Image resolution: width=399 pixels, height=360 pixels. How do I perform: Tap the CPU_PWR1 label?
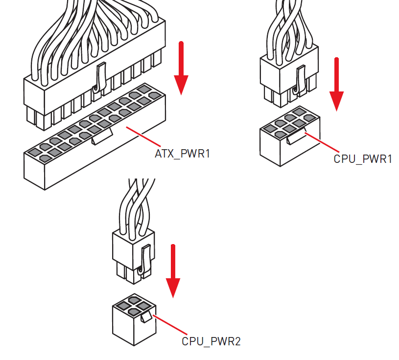point(363,159)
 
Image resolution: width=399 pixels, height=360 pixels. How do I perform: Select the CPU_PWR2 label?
point(211,341)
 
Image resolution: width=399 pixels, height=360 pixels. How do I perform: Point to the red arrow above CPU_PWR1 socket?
point(336,84)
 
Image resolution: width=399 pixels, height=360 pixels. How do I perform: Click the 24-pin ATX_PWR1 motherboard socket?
point(93,147)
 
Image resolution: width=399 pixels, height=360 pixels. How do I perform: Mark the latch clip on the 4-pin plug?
point(143,259)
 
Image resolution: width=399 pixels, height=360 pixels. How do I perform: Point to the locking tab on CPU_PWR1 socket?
point(297,137)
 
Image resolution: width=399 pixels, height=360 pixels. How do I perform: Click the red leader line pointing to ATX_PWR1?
point(141,136)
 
